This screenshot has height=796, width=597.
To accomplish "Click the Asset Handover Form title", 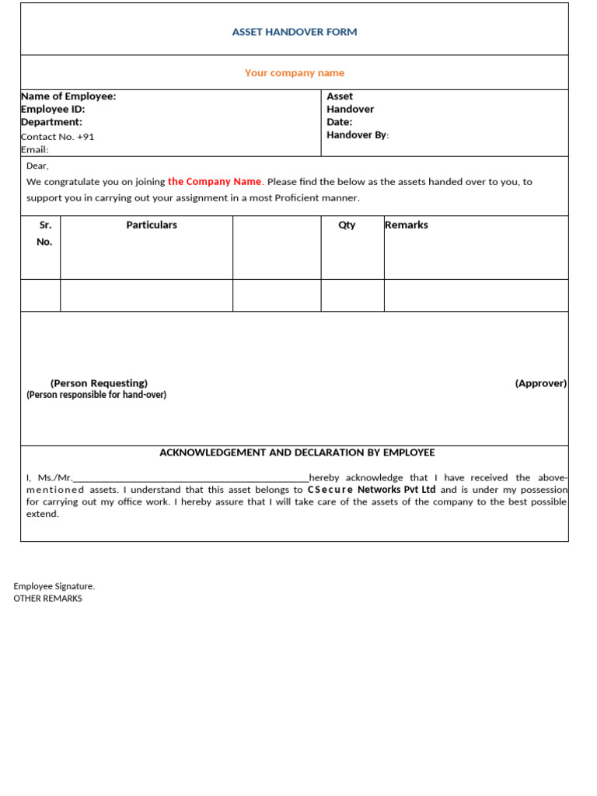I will pyautogui.click(x=295, y=32).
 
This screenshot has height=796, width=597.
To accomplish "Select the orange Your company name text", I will pyautogui.click(x=295, y=73).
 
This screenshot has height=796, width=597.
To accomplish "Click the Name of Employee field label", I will pyautogui.click(x=68, y=96).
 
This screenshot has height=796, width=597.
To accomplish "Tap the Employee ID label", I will pyautogui.click(x=53, y=110).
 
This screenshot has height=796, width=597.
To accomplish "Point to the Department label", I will pyautogui.click(x=51, y=122).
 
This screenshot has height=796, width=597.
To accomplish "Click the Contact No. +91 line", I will pyautogui.click(x=58, y=137).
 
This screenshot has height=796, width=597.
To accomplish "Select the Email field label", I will pyautogui.click(x=35, y=150).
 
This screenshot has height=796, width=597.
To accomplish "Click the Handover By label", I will pyautogui.click(x=358, y=135).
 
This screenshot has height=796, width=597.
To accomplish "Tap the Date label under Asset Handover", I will pyautogui.click(x=340, y=122).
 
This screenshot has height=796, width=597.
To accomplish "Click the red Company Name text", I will pyautogui.click(x=215, y=182).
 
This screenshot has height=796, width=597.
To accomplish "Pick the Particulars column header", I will pyautogui.click(x=152, y=225).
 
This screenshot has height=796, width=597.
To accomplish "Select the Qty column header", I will pyautogui.click(x=347, y=225).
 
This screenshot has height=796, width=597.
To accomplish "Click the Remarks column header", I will pyautogui.click(x=407, y=225).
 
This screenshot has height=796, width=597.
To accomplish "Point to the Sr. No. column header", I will pyautogui.click(x=44, y=233).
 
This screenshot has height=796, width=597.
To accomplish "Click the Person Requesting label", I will pyautogui.click(x=99, y=383).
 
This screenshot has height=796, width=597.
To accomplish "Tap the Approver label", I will pyautogui.click(x=541, y=383).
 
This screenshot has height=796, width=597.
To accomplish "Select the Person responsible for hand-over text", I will pyautogui.click(x=96, y=395).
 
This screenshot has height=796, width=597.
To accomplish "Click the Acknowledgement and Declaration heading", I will pyautogui.click(x=297, y=452).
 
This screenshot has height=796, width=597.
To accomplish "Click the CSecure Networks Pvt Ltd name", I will pyautogui.click(x=372, y=490).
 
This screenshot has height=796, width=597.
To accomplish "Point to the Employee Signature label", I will pyautogui.click(x=54, y=586).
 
